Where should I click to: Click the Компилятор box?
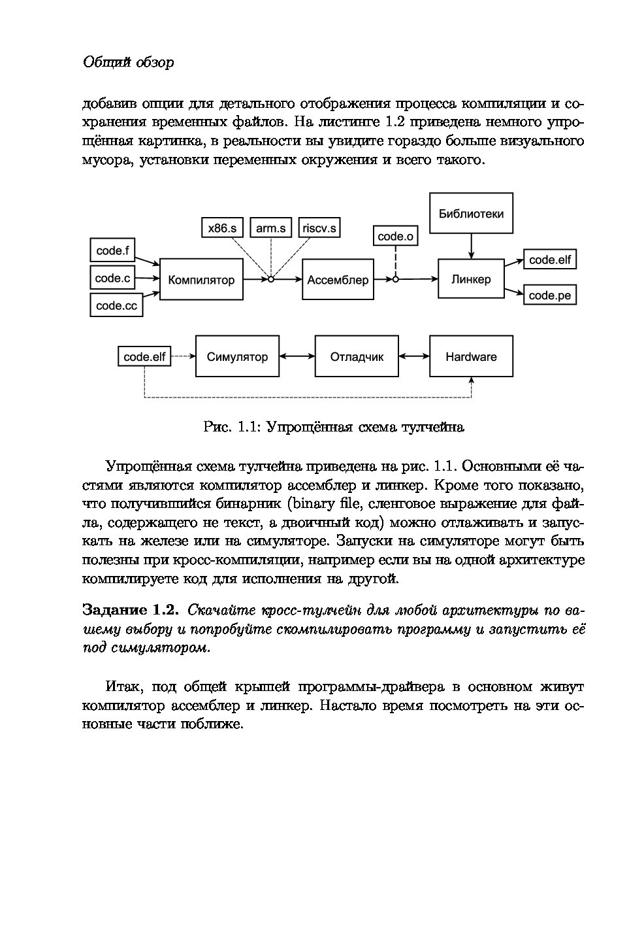201,280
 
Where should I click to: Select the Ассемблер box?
338,280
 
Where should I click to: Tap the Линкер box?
470,279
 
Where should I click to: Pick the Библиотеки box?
470,213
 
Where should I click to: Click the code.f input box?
112,250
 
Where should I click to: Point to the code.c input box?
112,278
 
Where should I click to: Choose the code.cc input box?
116,305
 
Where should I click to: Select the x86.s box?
222,228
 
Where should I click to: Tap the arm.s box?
270,228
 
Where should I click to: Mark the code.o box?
395,236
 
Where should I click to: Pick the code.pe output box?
549,296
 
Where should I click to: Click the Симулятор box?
237,356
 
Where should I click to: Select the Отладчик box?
357,356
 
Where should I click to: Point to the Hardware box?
471,356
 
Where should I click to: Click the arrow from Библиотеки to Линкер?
470,246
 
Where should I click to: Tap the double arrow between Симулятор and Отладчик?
297,356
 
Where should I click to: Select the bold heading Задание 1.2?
130,610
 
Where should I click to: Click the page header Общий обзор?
128,63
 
